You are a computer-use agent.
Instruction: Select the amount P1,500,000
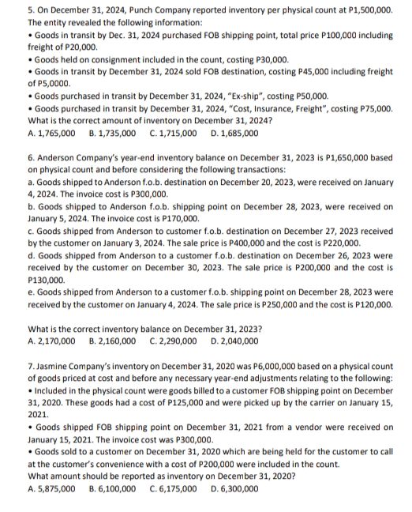tap(365, 8)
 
